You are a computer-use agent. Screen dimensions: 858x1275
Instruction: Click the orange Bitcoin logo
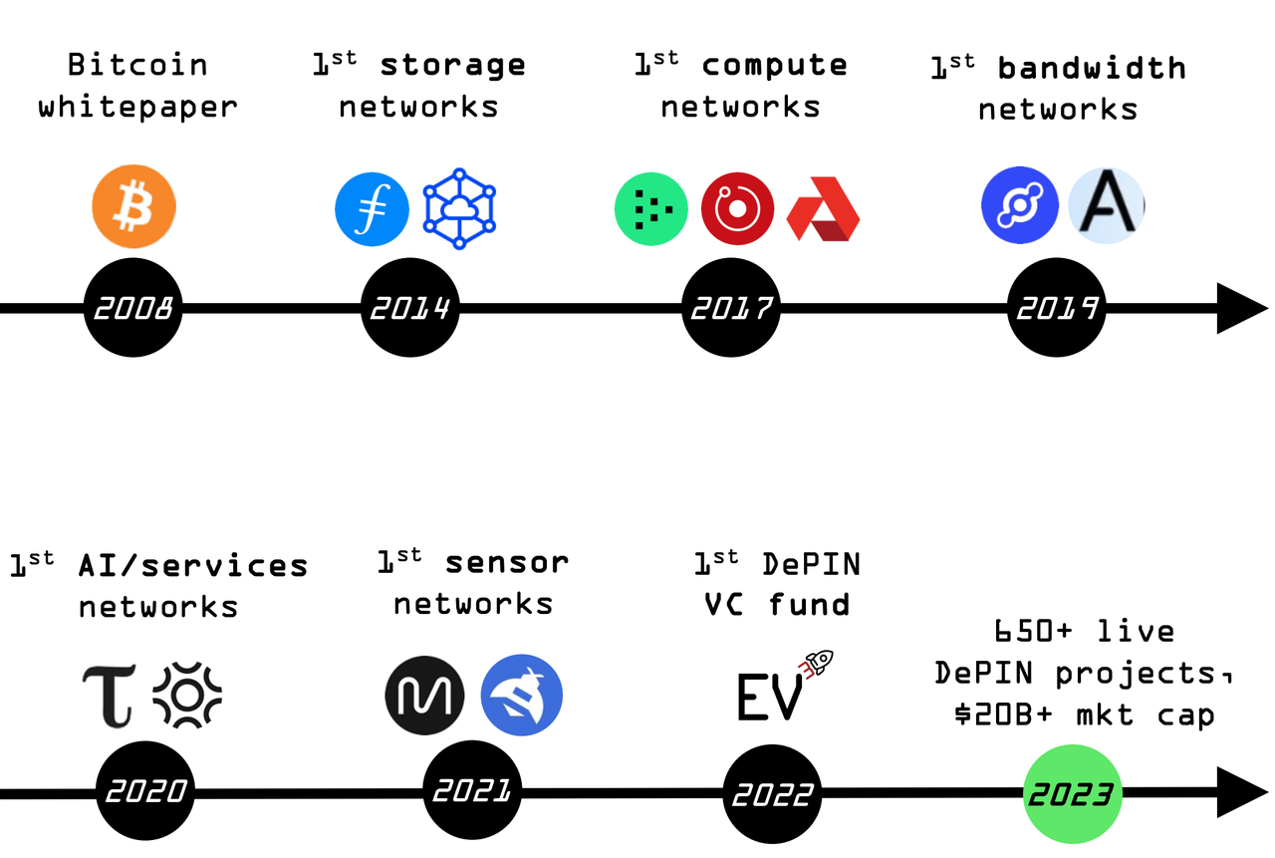[133, 207]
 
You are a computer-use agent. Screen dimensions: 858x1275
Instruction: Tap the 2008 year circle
[133, 308]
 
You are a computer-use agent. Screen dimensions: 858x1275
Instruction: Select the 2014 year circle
[409, 308]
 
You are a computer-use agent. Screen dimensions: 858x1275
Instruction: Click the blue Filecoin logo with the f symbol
[372, 208]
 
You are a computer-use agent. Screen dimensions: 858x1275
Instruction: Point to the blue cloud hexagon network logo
[459, 208]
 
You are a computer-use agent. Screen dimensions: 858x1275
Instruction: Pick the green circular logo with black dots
[651, 208]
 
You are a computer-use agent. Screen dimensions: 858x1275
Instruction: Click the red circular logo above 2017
[737, 208]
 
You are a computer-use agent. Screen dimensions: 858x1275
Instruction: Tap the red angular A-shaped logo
[823, 209]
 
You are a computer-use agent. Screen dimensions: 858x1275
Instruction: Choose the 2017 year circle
[732, 308]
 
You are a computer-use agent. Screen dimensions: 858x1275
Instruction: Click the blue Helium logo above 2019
[1019, 205]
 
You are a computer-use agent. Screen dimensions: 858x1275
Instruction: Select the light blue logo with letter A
[1106, 205]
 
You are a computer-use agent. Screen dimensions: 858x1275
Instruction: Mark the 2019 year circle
[1056, 308]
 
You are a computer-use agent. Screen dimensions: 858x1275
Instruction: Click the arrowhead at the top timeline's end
[1241, 308]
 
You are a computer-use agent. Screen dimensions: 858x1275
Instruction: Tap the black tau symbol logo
[108, 696]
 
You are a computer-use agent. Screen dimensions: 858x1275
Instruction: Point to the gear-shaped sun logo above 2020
[187, 696]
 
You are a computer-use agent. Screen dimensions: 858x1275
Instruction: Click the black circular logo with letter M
[424, 695]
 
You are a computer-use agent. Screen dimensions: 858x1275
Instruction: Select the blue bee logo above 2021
[521, 695]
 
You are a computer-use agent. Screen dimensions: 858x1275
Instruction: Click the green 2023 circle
[1073, 794]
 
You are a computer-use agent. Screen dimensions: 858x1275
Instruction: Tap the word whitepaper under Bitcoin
[137, 107]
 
